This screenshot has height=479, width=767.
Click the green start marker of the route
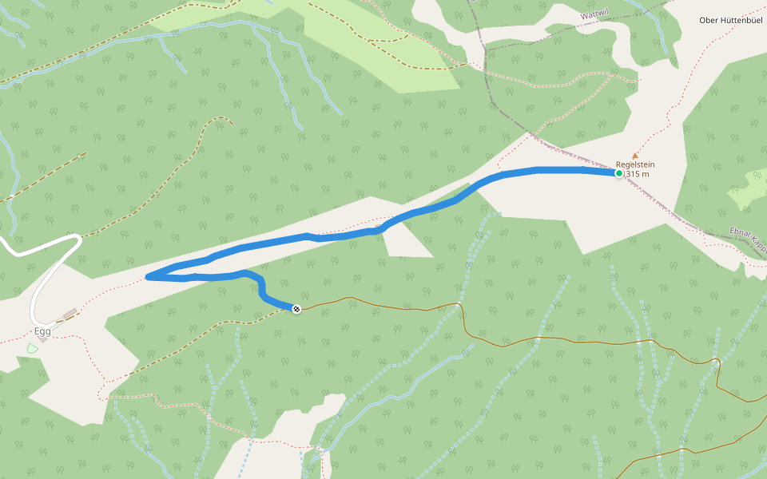pos(618,172)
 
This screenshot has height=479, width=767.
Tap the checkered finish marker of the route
pos(296,309)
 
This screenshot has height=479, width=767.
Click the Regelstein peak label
pos(635,164)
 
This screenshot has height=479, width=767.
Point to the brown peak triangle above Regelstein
pos(635,156)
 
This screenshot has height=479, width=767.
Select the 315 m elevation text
pos(638,174)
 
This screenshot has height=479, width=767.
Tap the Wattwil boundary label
pos(596,15)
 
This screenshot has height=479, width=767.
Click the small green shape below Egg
pos(32,348)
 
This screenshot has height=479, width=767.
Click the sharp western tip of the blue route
pos(149,277)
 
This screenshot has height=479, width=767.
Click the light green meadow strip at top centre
pos(383,40)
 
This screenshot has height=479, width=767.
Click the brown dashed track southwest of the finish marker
pos(200,343)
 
